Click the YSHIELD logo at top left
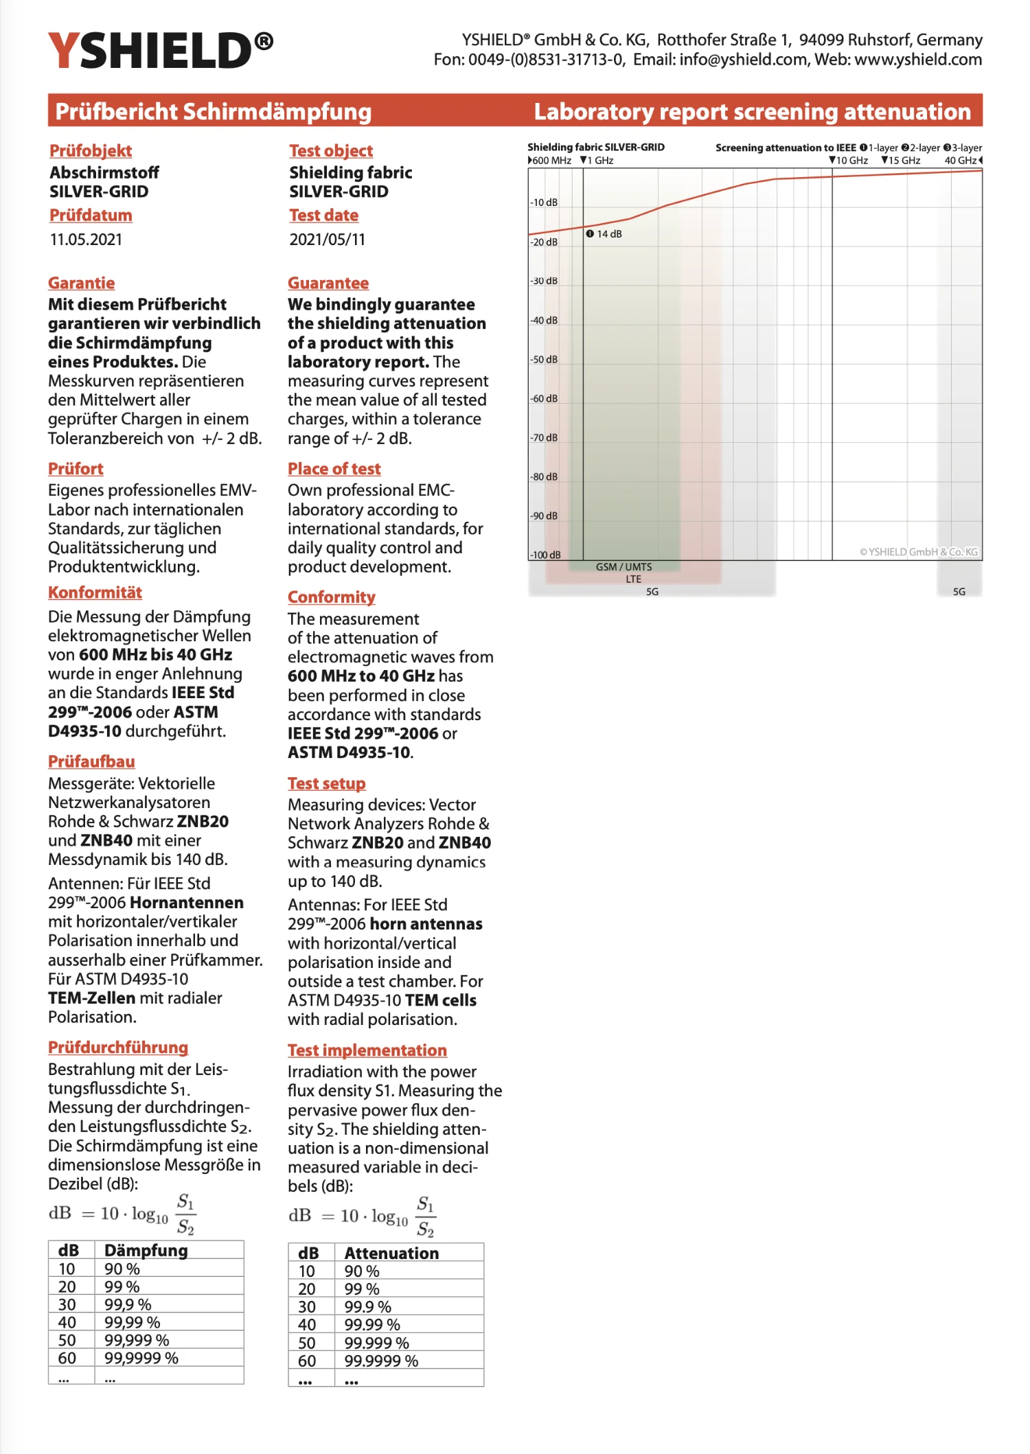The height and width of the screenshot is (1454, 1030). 160,50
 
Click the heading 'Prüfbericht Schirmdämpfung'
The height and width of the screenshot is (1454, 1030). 213,111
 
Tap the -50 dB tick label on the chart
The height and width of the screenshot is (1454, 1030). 544,359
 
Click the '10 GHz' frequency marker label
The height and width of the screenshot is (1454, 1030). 849,160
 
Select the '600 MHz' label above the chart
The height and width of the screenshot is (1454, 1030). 551,160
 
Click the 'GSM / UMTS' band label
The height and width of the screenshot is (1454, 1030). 623,567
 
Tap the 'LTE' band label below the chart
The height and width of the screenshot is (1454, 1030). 633,579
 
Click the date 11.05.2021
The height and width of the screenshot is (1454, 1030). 86,240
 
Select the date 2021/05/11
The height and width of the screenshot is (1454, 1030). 327,240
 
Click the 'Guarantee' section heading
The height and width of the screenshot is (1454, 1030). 328,283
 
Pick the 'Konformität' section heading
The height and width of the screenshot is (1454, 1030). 95,592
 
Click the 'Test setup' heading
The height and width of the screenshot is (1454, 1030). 326,783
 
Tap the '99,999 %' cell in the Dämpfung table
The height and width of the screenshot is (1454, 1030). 137,1340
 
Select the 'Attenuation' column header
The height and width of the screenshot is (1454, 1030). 391,1253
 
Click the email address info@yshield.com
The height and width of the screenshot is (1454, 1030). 742,60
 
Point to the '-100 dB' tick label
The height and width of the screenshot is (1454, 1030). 545,555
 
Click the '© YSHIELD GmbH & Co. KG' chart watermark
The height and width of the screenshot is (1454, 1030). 919,552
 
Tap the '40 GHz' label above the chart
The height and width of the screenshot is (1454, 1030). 961,160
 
